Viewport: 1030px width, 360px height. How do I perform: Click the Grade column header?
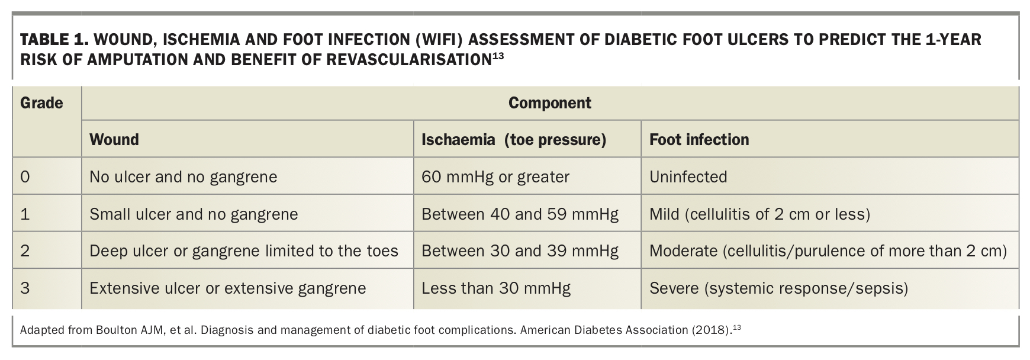[x=41, y=103]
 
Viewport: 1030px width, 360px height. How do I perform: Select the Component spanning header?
[x=550, y=103]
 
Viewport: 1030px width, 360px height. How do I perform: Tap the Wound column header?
[x=114, y=140]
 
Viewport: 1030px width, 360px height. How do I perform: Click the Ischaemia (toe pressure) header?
[x=514, y=140]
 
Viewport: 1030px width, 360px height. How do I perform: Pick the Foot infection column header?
[x=699, y=140]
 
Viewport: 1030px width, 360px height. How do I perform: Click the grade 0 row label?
[x=25, y=177]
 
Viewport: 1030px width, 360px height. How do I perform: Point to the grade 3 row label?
[x=25, y=288]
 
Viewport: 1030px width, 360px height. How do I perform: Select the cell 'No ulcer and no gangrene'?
[x=184, y=177]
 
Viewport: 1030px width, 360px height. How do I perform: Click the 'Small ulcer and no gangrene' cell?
[x=194, y=214]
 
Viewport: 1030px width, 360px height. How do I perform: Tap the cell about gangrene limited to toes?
[x=244, y=251]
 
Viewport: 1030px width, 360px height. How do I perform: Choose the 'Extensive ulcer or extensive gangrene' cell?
[x=228, y=288]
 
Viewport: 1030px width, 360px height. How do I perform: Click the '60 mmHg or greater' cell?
[x=495, y=177]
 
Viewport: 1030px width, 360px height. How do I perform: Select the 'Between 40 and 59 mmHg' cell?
[x=520, y=214]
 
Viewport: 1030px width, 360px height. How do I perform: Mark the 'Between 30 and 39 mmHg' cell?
[x=520, y=251]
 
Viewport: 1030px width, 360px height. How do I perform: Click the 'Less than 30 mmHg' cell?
[x=496, y=288]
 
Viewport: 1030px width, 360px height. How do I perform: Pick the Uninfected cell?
[x=688, y=177]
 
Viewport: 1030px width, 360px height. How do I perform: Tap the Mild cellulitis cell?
[x=760, y=214]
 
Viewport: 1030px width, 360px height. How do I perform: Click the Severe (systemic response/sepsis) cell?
[x=779, y=288]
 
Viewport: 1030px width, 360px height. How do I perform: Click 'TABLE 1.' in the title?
[x=54, y=40]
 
